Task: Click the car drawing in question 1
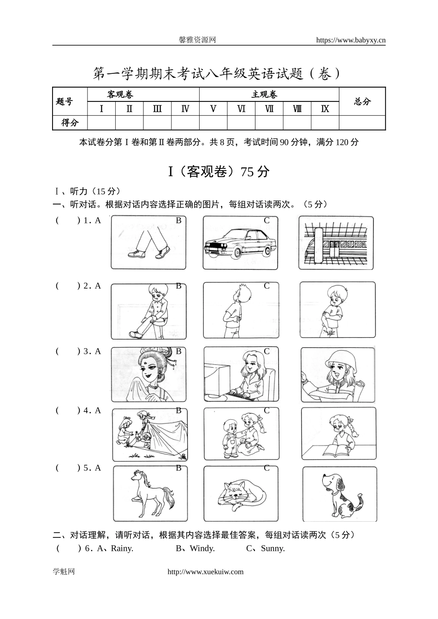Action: [240, 243]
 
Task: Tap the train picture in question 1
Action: [336, 243]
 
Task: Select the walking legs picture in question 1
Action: [148, 243]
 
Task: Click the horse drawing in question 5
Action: [150, 494]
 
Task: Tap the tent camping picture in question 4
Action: [150, 435]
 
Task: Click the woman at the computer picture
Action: [241, 374]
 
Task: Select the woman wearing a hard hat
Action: [337, 375]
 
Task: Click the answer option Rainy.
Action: [122, 548]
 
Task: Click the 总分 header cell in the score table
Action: [362, 101]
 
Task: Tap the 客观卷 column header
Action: [120, 95]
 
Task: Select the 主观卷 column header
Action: [265, 95]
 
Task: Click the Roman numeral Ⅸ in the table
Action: [325, 109]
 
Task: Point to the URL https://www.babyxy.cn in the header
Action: [351, 40]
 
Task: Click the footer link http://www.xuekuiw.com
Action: [206, 572]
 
